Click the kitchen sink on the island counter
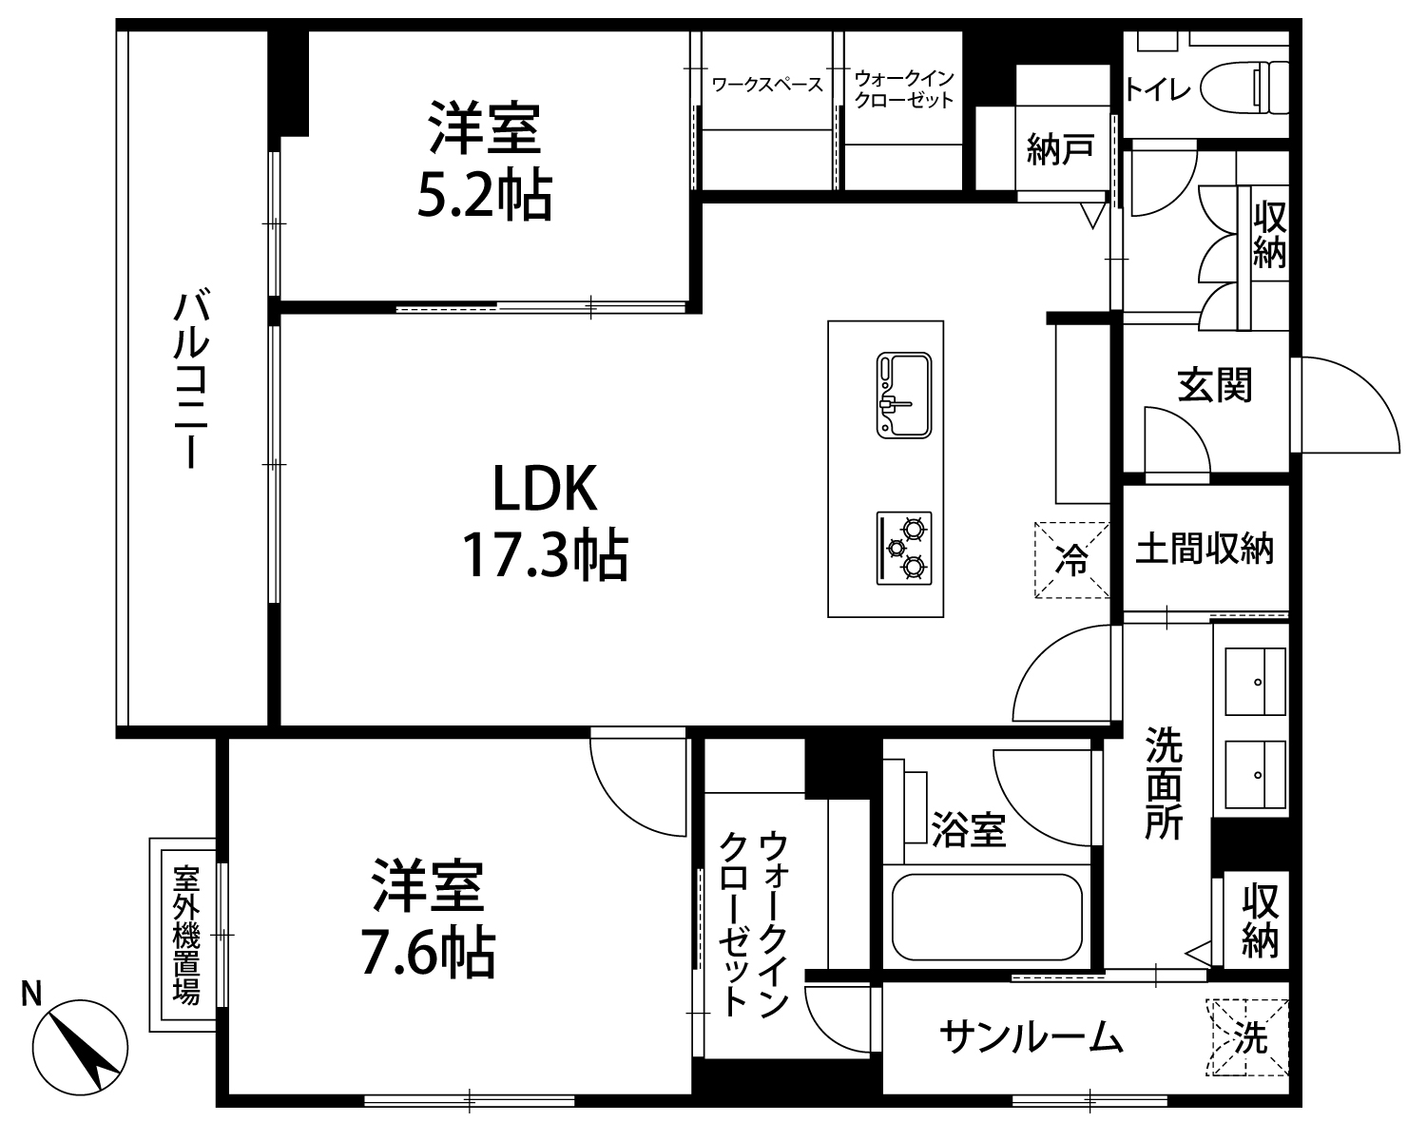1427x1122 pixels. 904,396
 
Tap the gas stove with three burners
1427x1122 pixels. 904,549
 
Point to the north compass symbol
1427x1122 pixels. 80,1048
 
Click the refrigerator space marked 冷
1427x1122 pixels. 1072,560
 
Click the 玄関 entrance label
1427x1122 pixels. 1215,385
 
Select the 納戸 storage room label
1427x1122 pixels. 1060,149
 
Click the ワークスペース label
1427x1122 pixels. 767,85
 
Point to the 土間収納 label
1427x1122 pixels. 1205,549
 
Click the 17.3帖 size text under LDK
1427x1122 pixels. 545,554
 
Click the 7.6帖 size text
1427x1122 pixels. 429,952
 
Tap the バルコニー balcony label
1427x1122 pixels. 192,378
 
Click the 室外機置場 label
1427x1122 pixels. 186,935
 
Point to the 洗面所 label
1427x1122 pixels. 1164,783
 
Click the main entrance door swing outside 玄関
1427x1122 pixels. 1346,405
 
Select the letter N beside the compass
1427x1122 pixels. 31,994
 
